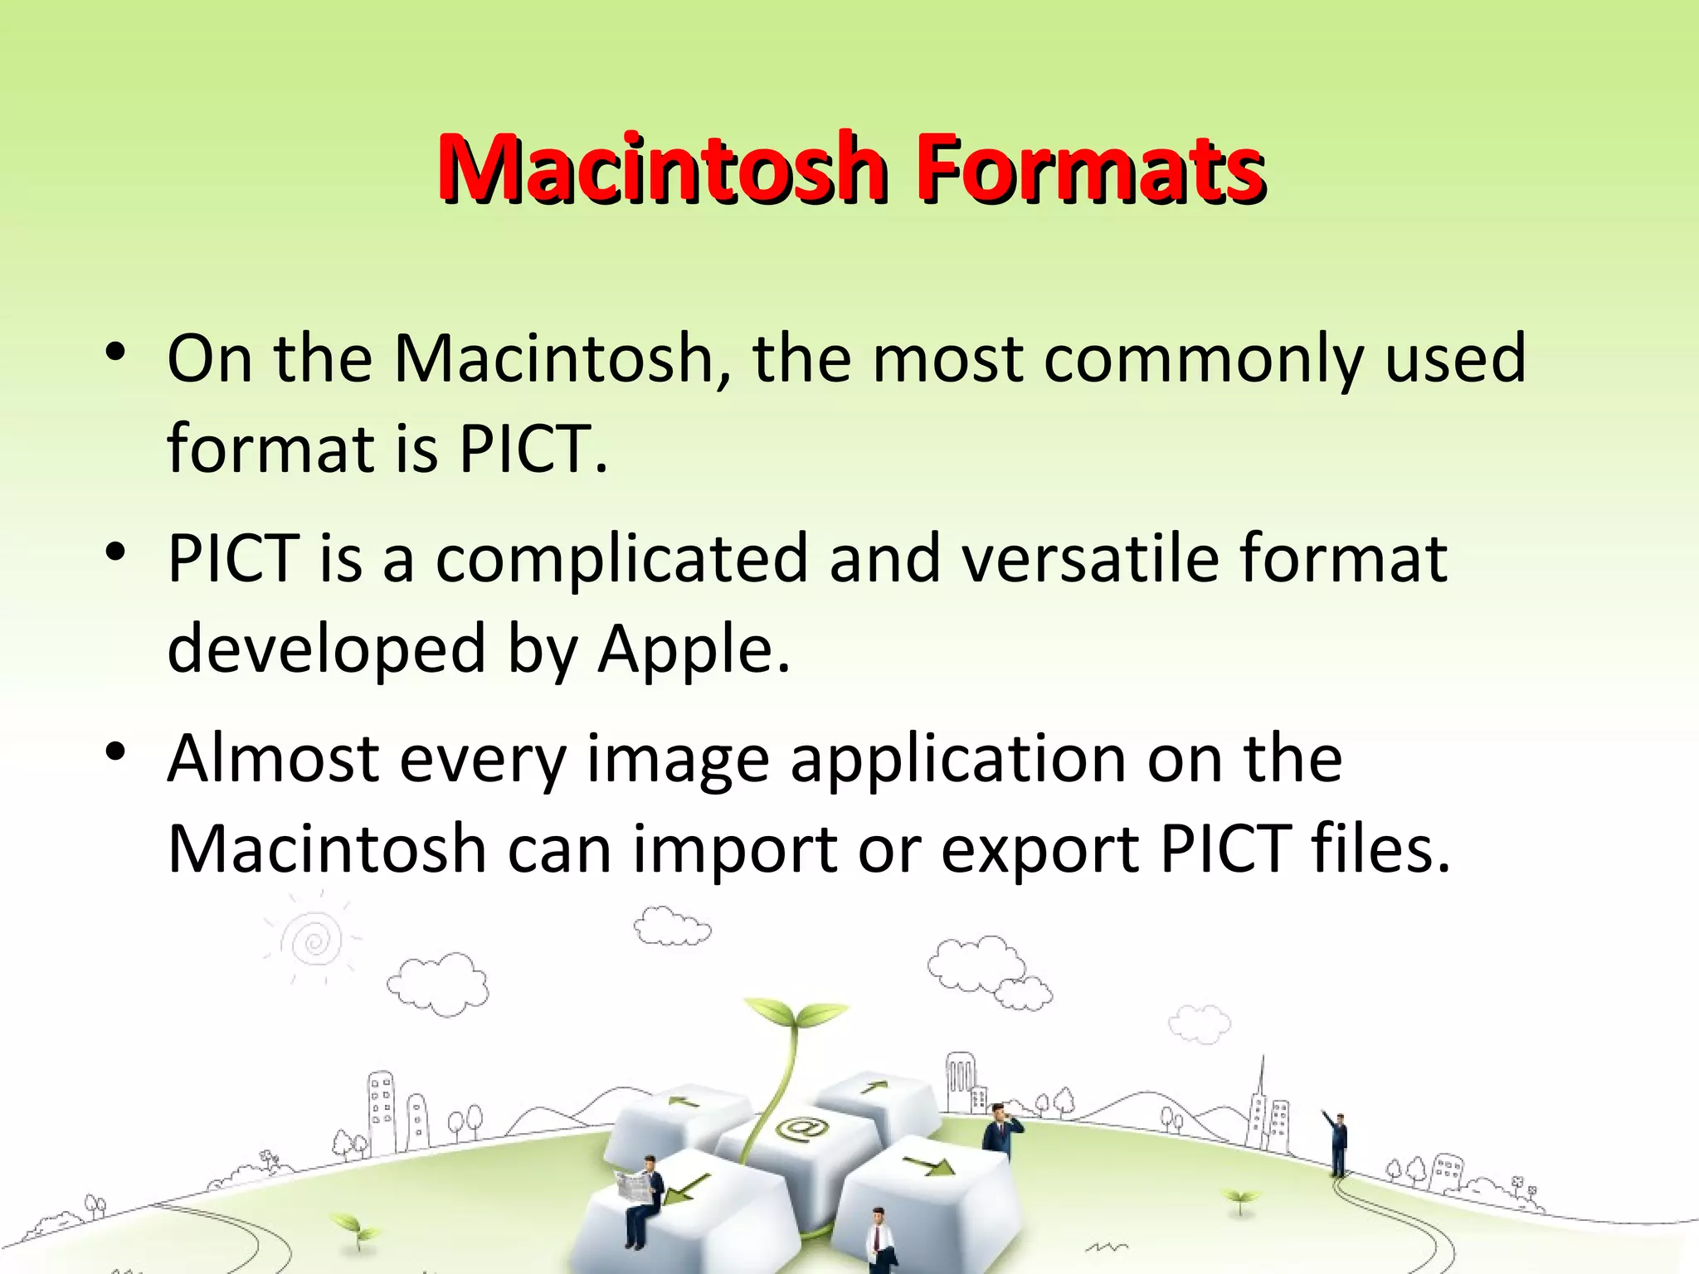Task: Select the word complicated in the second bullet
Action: [x=621, y=559]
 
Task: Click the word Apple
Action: [x=694, y=649]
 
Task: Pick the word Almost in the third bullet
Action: [x=273, y=758]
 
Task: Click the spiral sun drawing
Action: [x=314, y=941]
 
